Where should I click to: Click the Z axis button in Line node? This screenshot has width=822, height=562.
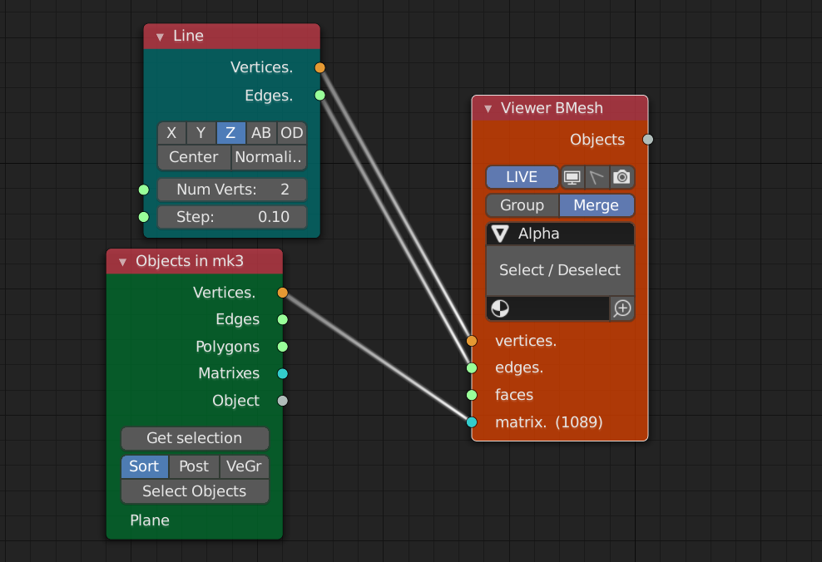click(x=230, y=133)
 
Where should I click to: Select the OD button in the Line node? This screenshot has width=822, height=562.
click(x=291, y=133)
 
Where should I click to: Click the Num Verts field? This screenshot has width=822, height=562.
click(x=232, y=190)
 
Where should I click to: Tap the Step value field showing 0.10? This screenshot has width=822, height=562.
click(x=232, y=217)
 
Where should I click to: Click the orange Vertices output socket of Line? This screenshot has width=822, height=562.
click(x=320, y=67)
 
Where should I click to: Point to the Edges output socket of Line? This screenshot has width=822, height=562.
click(x=320, y=95)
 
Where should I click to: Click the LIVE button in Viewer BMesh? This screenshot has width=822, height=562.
click(x=522, y=177)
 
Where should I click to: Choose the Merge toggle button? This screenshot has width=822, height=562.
click(x=596, y=205)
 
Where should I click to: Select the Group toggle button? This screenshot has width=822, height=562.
click(x=522, y=205)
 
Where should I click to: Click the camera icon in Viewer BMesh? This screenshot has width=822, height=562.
click(x=622, y=177)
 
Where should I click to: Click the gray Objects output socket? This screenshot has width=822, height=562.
click(x=648, y=140)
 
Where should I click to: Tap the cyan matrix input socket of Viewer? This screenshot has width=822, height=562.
click(x=472, y=422)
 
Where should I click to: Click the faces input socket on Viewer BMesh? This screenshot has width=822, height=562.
click(x=472, y=395)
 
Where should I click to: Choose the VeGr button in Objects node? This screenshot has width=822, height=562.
click(x=244, y=466)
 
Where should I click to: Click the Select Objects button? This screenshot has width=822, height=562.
click(x=195, y=491)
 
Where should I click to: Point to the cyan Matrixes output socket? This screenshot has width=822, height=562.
click(x=283, y=373)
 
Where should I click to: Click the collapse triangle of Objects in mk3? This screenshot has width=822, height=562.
click(x=122, y=262)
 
